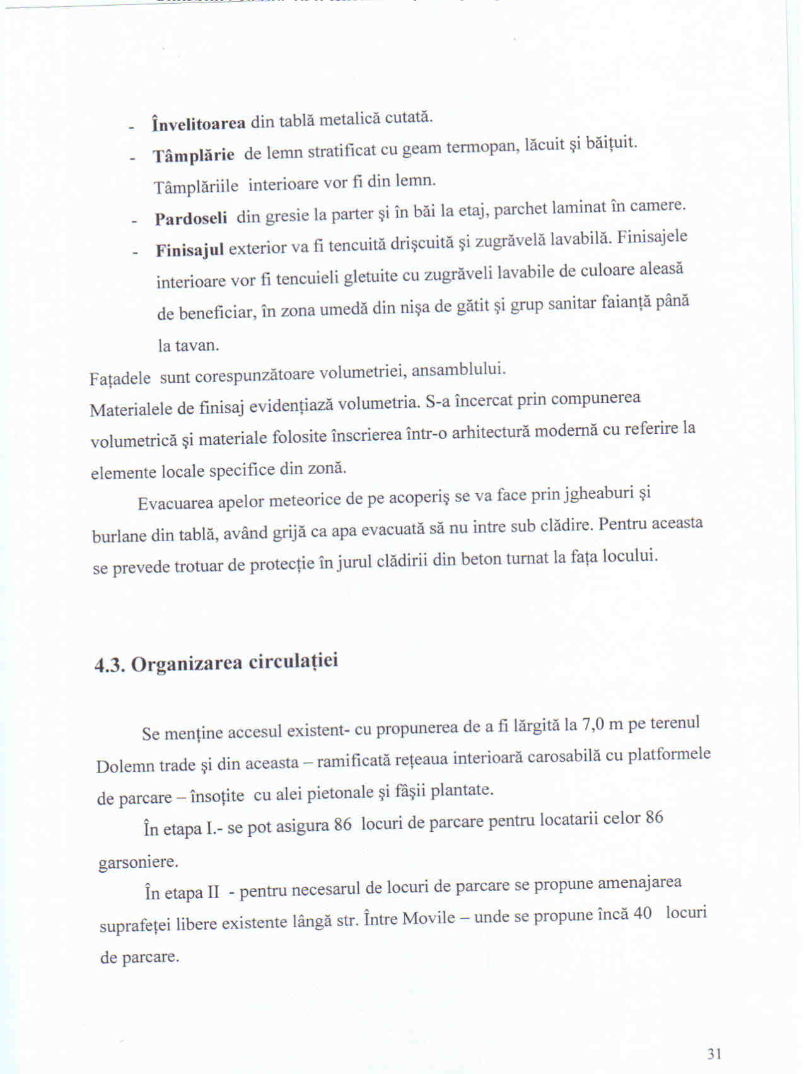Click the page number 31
[x=714, y=1053]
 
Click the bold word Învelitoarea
[x=199, y=123]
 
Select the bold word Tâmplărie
[x=194, y=155]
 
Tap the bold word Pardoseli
[x=191, y=218]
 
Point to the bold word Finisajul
[x=190, y=250]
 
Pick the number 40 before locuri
[x=642, y=914]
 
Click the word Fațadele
[x=120, y=379]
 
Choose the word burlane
[x=120, y=536]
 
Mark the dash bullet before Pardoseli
[x=134, y=221]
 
